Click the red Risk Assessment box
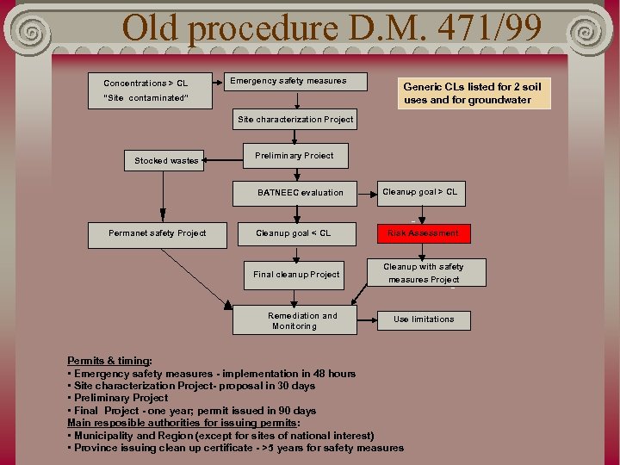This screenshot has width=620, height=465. pos(423,232)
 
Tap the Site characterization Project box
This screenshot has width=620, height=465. pos(295,120)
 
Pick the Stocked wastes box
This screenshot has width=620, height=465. pos(166,160)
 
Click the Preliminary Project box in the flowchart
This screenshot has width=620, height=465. pos(294,156)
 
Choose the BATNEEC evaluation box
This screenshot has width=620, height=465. pos(300,192)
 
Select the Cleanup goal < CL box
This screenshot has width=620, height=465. pos(293,232)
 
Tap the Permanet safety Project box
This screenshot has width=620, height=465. pos(158,232)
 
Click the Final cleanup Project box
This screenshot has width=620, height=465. pos(296,275)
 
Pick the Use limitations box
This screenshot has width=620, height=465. pos(424,319)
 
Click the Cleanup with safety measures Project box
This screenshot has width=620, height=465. pos(423,273)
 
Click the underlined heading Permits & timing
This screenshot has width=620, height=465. pos(109,361)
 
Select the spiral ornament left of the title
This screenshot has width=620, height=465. pos(30,33)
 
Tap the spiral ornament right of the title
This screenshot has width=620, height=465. pos(589,33)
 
